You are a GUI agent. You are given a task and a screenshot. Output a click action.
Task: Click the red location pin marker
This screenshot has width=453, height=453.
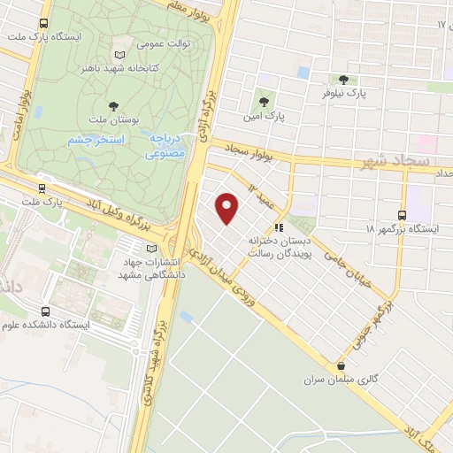pyautogui.click(x=228, y=208)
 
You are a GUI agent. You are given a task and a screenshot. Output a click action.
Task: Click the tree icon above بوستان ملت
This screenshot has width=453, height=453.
pyautogui.click(x=111, y=104)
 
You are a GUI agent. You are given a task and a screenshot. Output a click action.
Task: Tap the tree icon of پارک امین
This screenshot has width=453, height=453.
pyautogui.click(x=264, y=101)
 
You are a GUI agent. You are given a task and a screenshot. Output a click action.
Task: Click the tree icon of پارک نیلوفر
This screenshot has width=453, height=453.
pyautogui.click(x=343, y=79)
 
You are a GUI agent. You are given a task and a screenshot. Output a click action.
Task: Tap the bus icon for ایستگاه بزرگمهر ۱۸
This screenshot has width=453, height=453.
pyautogui.click(x=403, y=215)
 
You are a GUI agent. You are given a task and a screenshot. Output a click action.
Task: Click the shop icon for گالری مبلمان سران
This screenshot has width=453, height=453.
pyautogui.click(x=342, y=365)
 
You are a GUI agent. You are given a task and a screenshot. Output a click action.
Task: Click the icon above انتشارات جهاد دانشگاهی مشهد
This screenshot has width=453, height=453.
pyautogui.click(x=151, y=249)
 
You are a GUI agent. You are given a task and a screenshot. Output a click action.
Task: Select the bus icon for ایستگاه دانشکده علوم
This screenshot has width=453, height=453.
pyautogui.click(x=45, y=311)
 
